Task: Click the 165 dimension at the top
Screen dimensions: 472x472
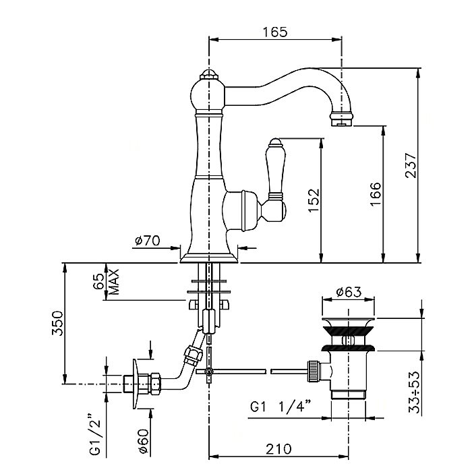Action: tap(275, 32)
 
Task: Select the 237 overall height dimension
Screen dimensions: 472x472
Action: tap(411, 165)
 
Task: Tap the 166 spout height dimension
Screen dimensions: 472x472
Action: tap(376, 194)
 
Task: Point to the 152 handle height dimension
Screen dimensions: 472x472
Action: tap(314, 200)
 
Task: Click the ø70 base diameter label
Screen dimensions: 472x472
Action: tap(147, 241)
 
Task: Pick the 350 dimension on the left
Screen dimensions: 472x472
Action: tap(57, 323)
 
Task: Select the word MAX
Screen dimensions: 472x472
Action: tap(114, 281)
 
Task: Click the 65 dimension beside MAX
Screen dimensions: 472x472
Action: tap(98, 281)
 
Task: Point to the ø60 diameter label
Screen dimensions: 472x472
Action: tap(143, 442)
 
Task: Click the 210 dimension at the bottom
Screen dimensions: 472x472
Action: tap(278, 449)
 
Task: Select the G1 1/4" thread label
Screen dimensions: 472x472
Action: tap(281, 407)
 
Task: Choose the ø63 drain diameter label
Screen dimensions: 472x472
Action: tap(349, 292)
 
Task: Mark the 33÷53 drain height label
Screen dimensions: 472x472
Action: tap(414, 393)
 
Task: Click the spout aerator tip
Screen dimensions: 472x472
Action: tap(341, 120)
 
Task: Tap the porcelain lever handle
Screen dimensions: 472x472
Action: tap(275, 169)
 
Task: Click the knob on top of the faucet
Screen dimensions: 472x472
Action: tap(208, 75)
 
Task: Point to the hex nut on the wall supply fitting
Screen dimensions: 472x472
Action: tap(155, 384)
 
